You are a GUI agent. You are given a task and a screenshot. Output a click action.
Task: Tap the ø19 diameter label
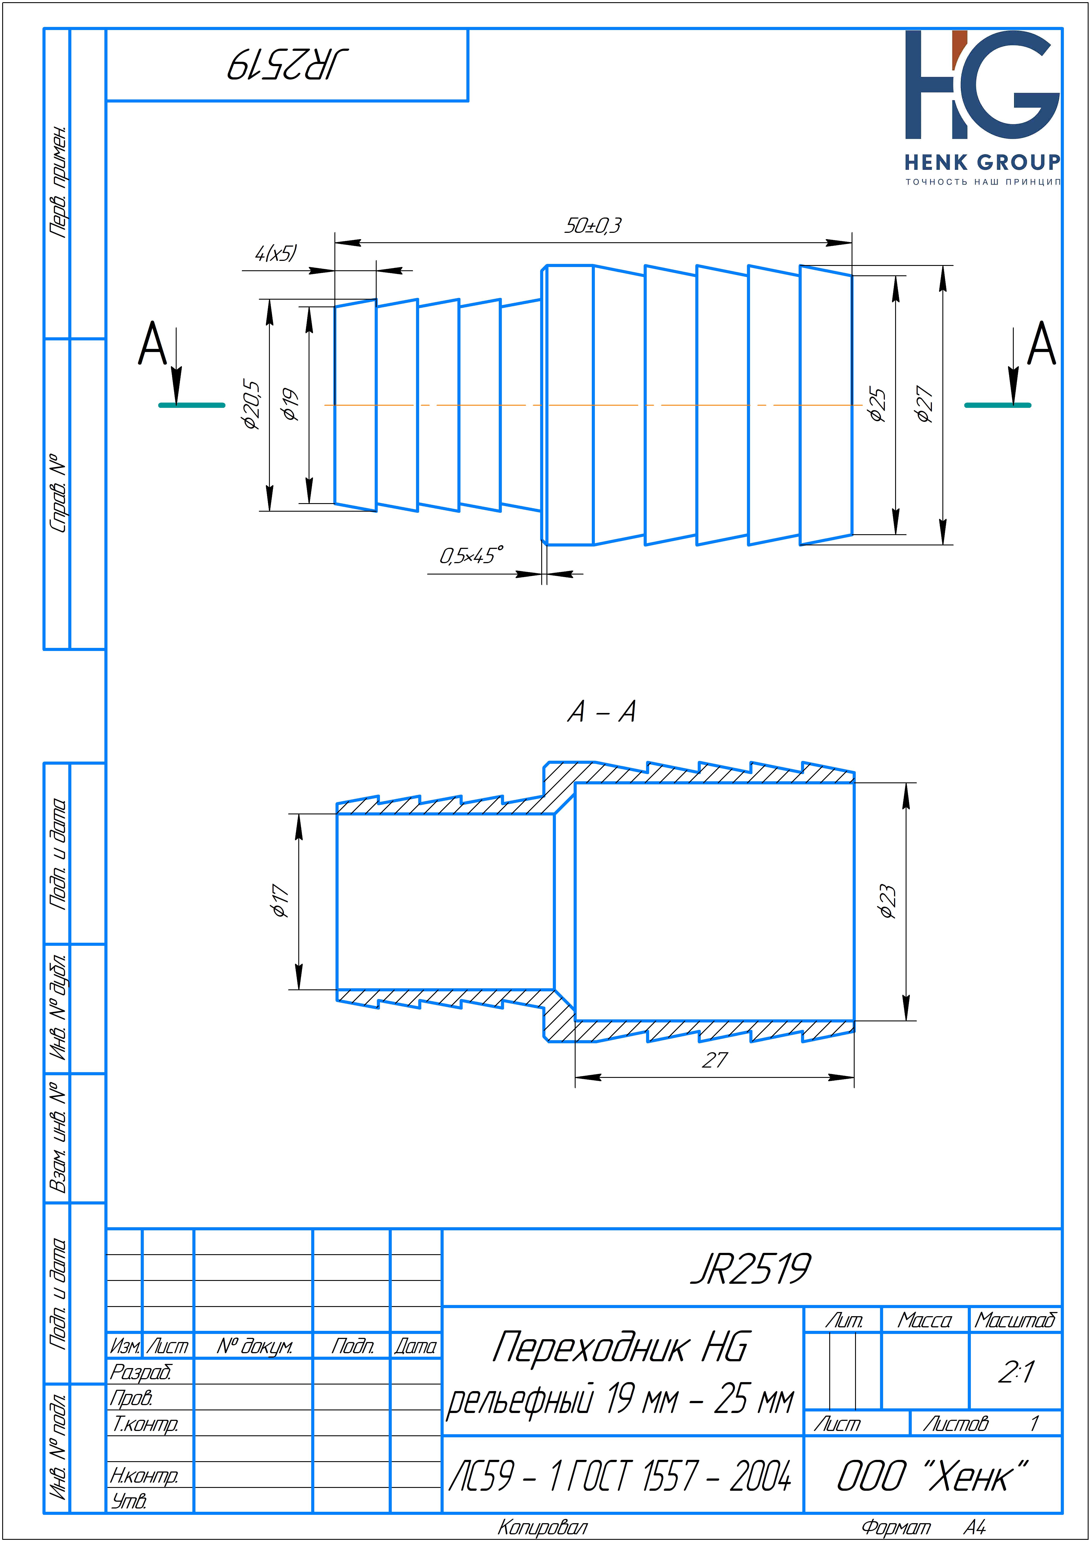click(x=290, y=405)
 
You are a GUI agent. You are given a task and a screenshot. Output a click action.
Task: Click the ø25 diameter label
click(x=877, y=405)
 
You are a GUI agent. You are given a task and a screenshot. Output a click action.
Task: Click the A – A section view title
click(x=601, y=711)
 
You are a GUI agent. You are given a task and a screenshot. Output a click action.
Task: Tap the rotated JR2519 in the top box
click(x=288, y=65)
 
